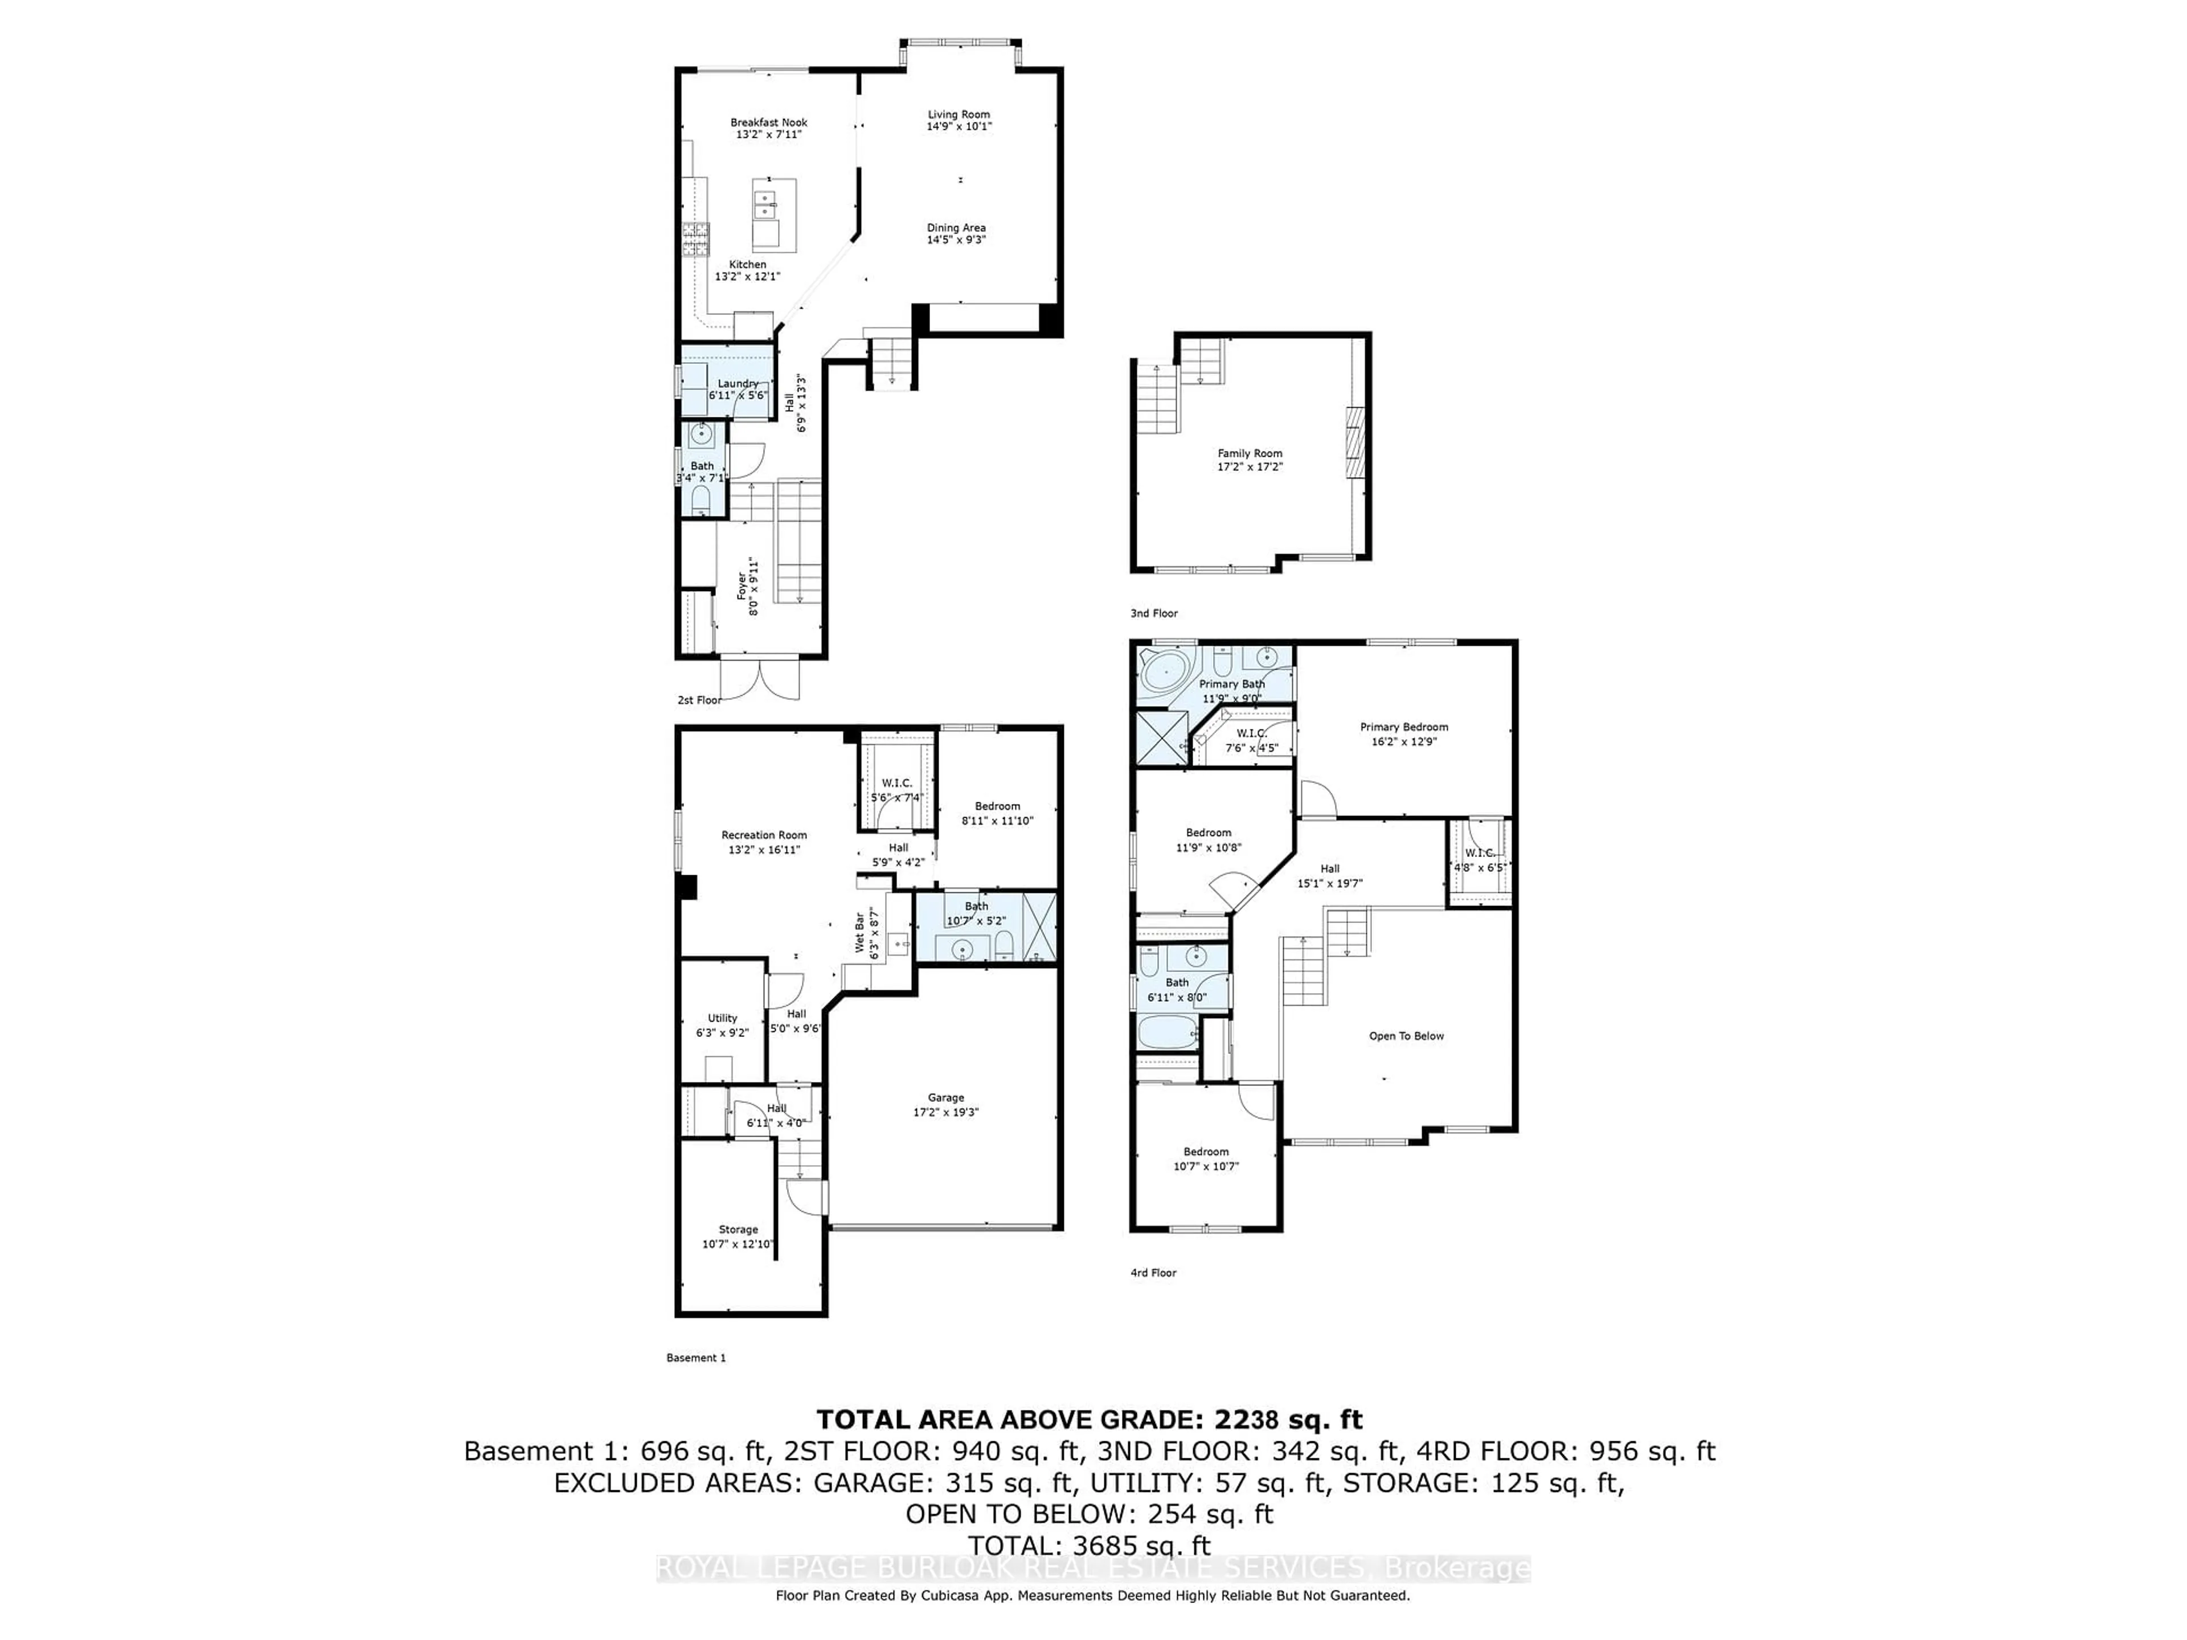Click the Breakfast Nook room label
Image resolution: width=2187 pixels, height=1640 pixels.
[x=768, y=122]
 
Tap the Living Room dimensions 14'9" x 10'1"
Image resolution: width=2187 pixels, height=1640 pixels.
[x=958, y=126]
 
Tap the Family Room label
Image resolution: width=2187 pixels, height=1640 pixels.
[x=1250, y=454]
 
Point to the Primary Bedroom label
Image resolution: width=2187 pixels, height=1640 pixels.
[x=1403, y=727]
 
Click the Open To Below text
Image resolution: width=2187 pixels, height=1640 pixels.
[x=1406, y=1036]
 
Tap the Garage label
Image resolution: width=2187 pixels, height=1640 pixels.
[x=945, y=1097]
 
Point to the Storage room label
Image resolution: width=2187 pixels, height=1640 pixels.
[x=738, y=1230]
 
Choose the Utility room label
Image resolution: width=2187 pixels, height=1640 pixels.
[x=722, y=1018]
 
